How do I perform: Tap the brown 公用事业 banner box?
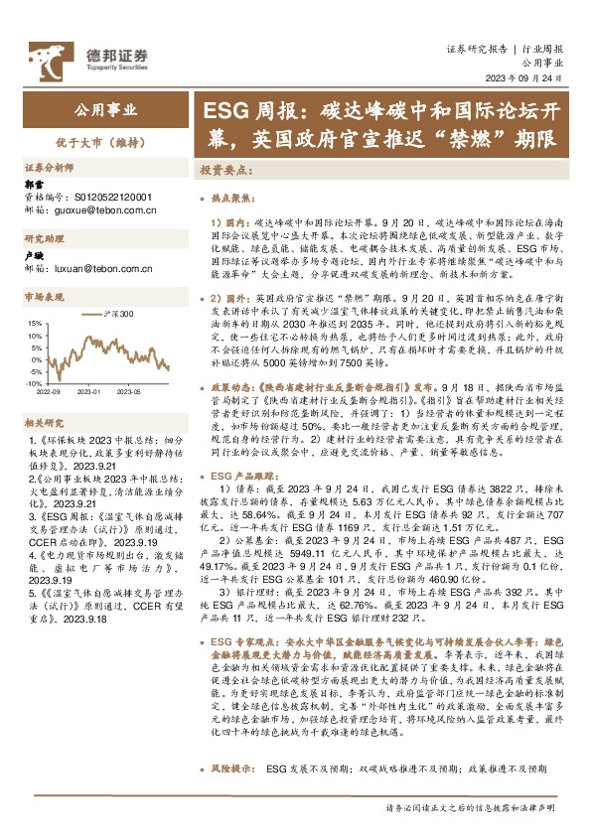[x=107, y=110]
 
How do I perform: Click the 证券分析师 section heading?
[x=49, y=168]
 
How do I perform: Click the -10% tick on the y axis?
[x=33, y=382]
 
